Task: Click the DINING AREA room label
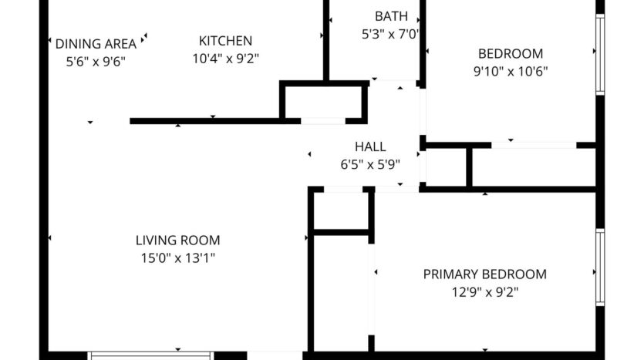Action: tap(96, 43)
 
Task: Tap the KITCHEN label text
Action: tap(225, 41)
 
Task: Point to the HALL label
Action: tap(370, 146)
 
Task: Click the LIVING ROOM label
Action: tap(178, 240)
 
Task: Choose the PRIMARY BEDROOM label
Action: tap(484, 274)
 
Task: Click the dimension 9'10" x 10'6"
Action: tap(510, 72)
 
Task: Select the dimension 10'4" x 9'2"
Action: tap(225, 58)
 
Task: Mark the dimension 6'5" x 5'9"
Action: tap(370, 163)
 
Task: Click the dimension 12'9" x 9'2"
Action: tap(484, 292)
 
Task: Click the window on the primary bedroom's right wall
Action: tap(599, 267)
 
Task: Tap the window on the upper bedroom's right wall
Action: tap(599, 54)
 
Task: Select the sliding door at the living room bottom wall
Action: tap(149, 355)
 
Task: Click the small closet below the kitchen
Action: tap(323, 101)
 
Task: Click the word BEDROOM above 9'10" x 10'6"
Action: tap(510, 54)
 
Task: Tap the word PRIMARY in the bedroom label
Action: tap(450, 274)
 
